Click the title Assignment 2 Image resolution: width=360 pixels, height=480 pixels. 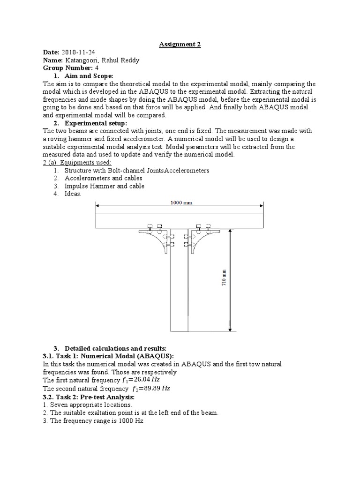(x=180, y=44)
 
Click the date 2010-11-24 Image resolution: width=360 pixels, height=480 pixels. (x=79, y=52)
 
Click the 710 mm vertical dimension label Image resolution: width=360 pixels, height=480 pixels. (x=224, y=278)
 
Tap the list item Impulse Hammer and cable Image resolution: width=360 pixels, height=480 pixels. (x=104, y=186)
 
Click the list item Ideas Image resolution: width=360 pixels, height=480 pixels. (x=73, y=194)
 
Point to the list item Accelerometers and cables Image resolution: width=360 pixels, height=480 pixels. (x=103, y=178)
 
